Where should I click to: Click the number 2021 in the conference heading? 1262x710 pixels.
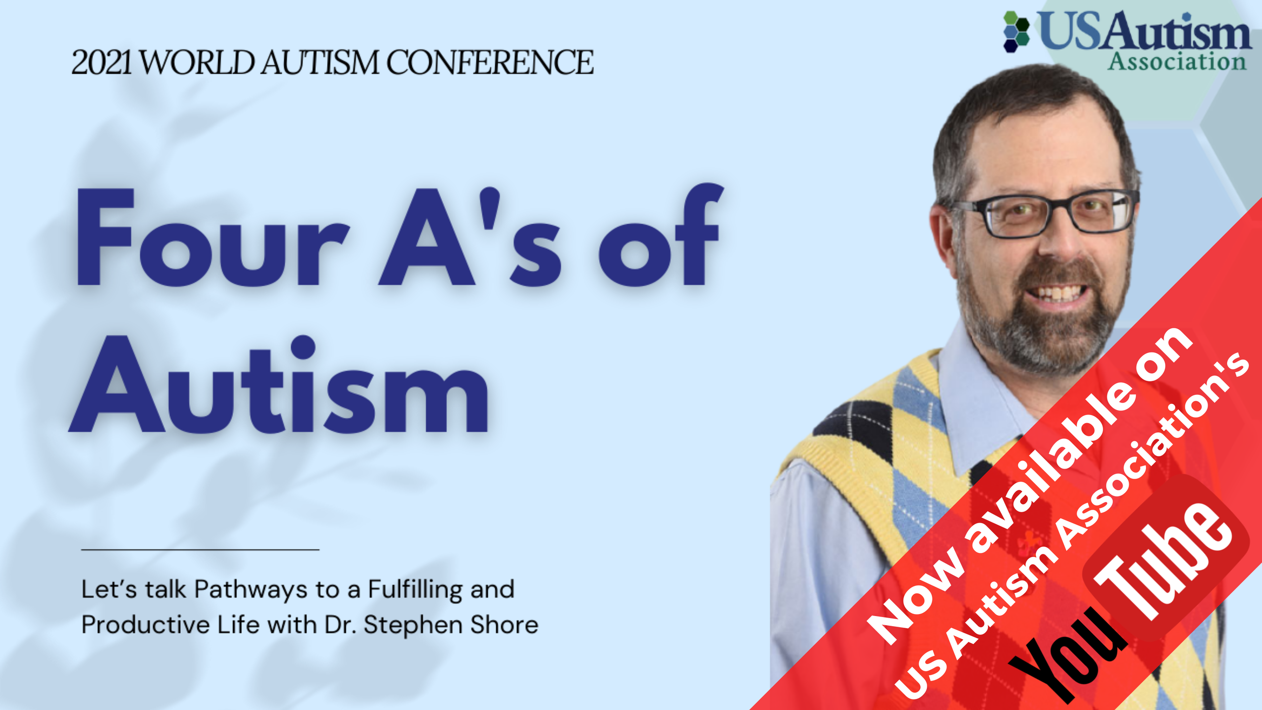pos(101,63)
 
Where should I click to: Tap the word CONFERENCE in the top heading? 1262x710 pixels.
pos(490,63)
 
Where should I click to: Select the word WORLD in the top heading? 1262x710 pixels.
pos(197,63)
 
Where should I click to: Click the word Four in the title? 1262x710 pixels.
pos(212,237)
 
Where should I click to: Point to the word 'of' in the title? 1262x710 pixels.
pos(659,237)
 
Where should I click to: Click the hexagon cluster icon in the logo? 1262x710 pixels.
pos(1016,31)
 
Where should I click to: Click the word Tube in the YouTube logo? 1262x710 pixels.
pos(1166,561)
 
